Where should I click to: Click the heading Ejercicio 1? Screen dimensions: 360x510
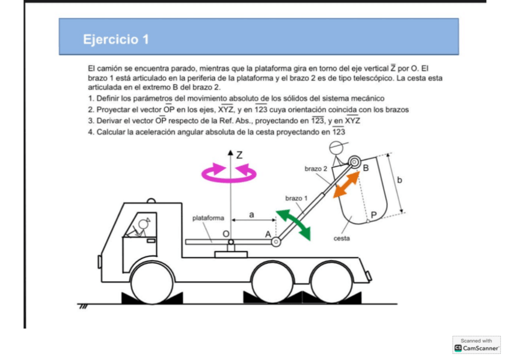click(116, 40)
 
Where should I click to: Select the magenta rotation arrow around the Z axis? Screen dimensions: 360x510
click(229, 173)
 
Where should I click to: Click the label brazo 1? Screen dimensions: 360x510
click(296, 198)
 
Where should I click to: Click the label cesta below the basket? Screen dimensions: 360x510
click(342, 238)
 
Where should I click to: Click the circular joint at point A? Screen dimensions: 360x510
click(276, 242)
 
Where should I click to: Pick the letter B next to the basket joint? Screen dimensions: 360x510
click(366, 168)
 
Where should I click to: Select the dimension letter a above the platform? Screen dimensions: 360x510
click(251, 213)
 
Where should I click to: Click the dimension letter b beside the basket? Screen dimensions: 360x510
click(400, 180)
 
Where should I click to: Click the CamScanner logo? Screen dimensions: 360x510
click(477, 348)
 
